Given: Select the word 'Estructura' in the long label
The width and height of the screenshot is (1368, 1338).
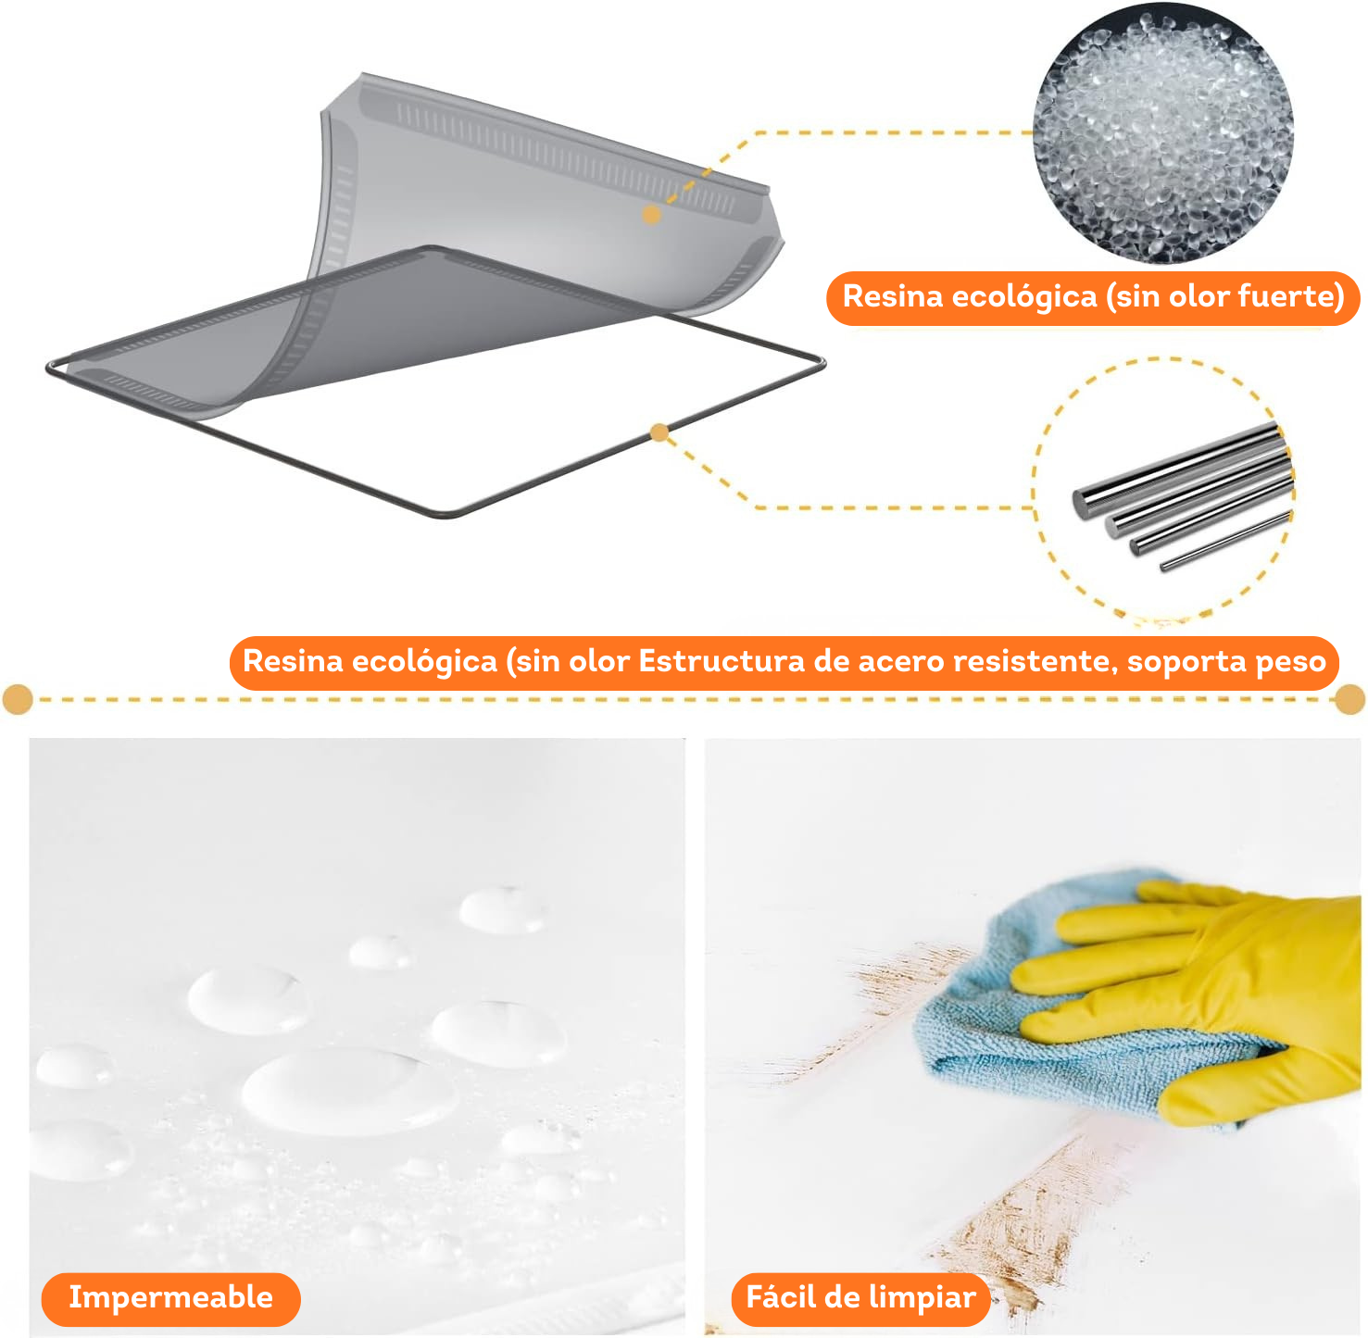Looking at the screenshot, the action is pyautogui.click(x=721, y=662).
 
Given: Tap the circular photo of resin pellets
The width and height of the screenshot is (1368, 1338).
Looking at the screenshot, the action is pyautogui.click(x=1162, y=133).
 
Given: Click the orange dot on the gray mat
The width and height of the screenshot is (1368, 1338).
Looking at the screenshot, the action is pyautogui.click(x=652, y=214).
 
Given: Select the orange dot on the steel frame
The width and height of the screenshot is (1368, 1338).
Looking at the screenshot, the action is pyautogui.click(x=659, y=433).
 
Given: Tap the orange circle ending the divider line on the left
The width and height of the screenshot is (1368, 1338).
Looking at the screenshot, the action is pyautogui.click(x=18, y=699).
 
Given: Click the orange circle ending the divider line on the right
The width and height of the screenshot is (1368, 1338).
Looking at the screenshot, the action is pyautogui.click(x=1349, y=699).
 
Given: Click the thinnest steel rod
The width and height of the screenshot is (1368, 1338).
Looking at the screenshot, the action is pyautogui.click(x=1225, y=541).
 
